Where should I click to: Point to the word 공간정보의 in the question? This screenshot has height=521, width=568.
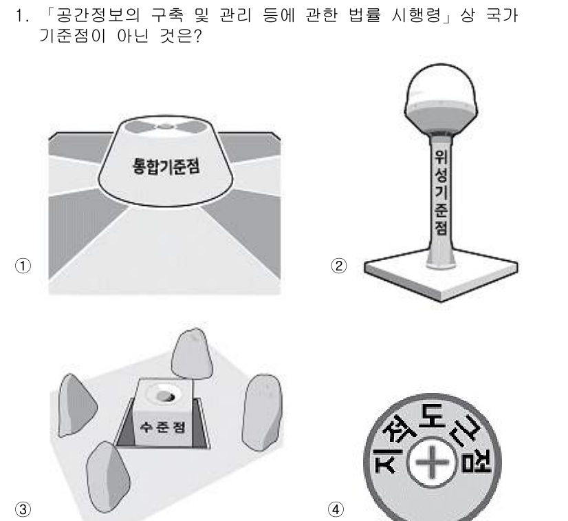point(98,14)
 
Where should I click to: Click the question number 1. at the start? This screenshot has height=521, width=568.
point(21,14)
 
